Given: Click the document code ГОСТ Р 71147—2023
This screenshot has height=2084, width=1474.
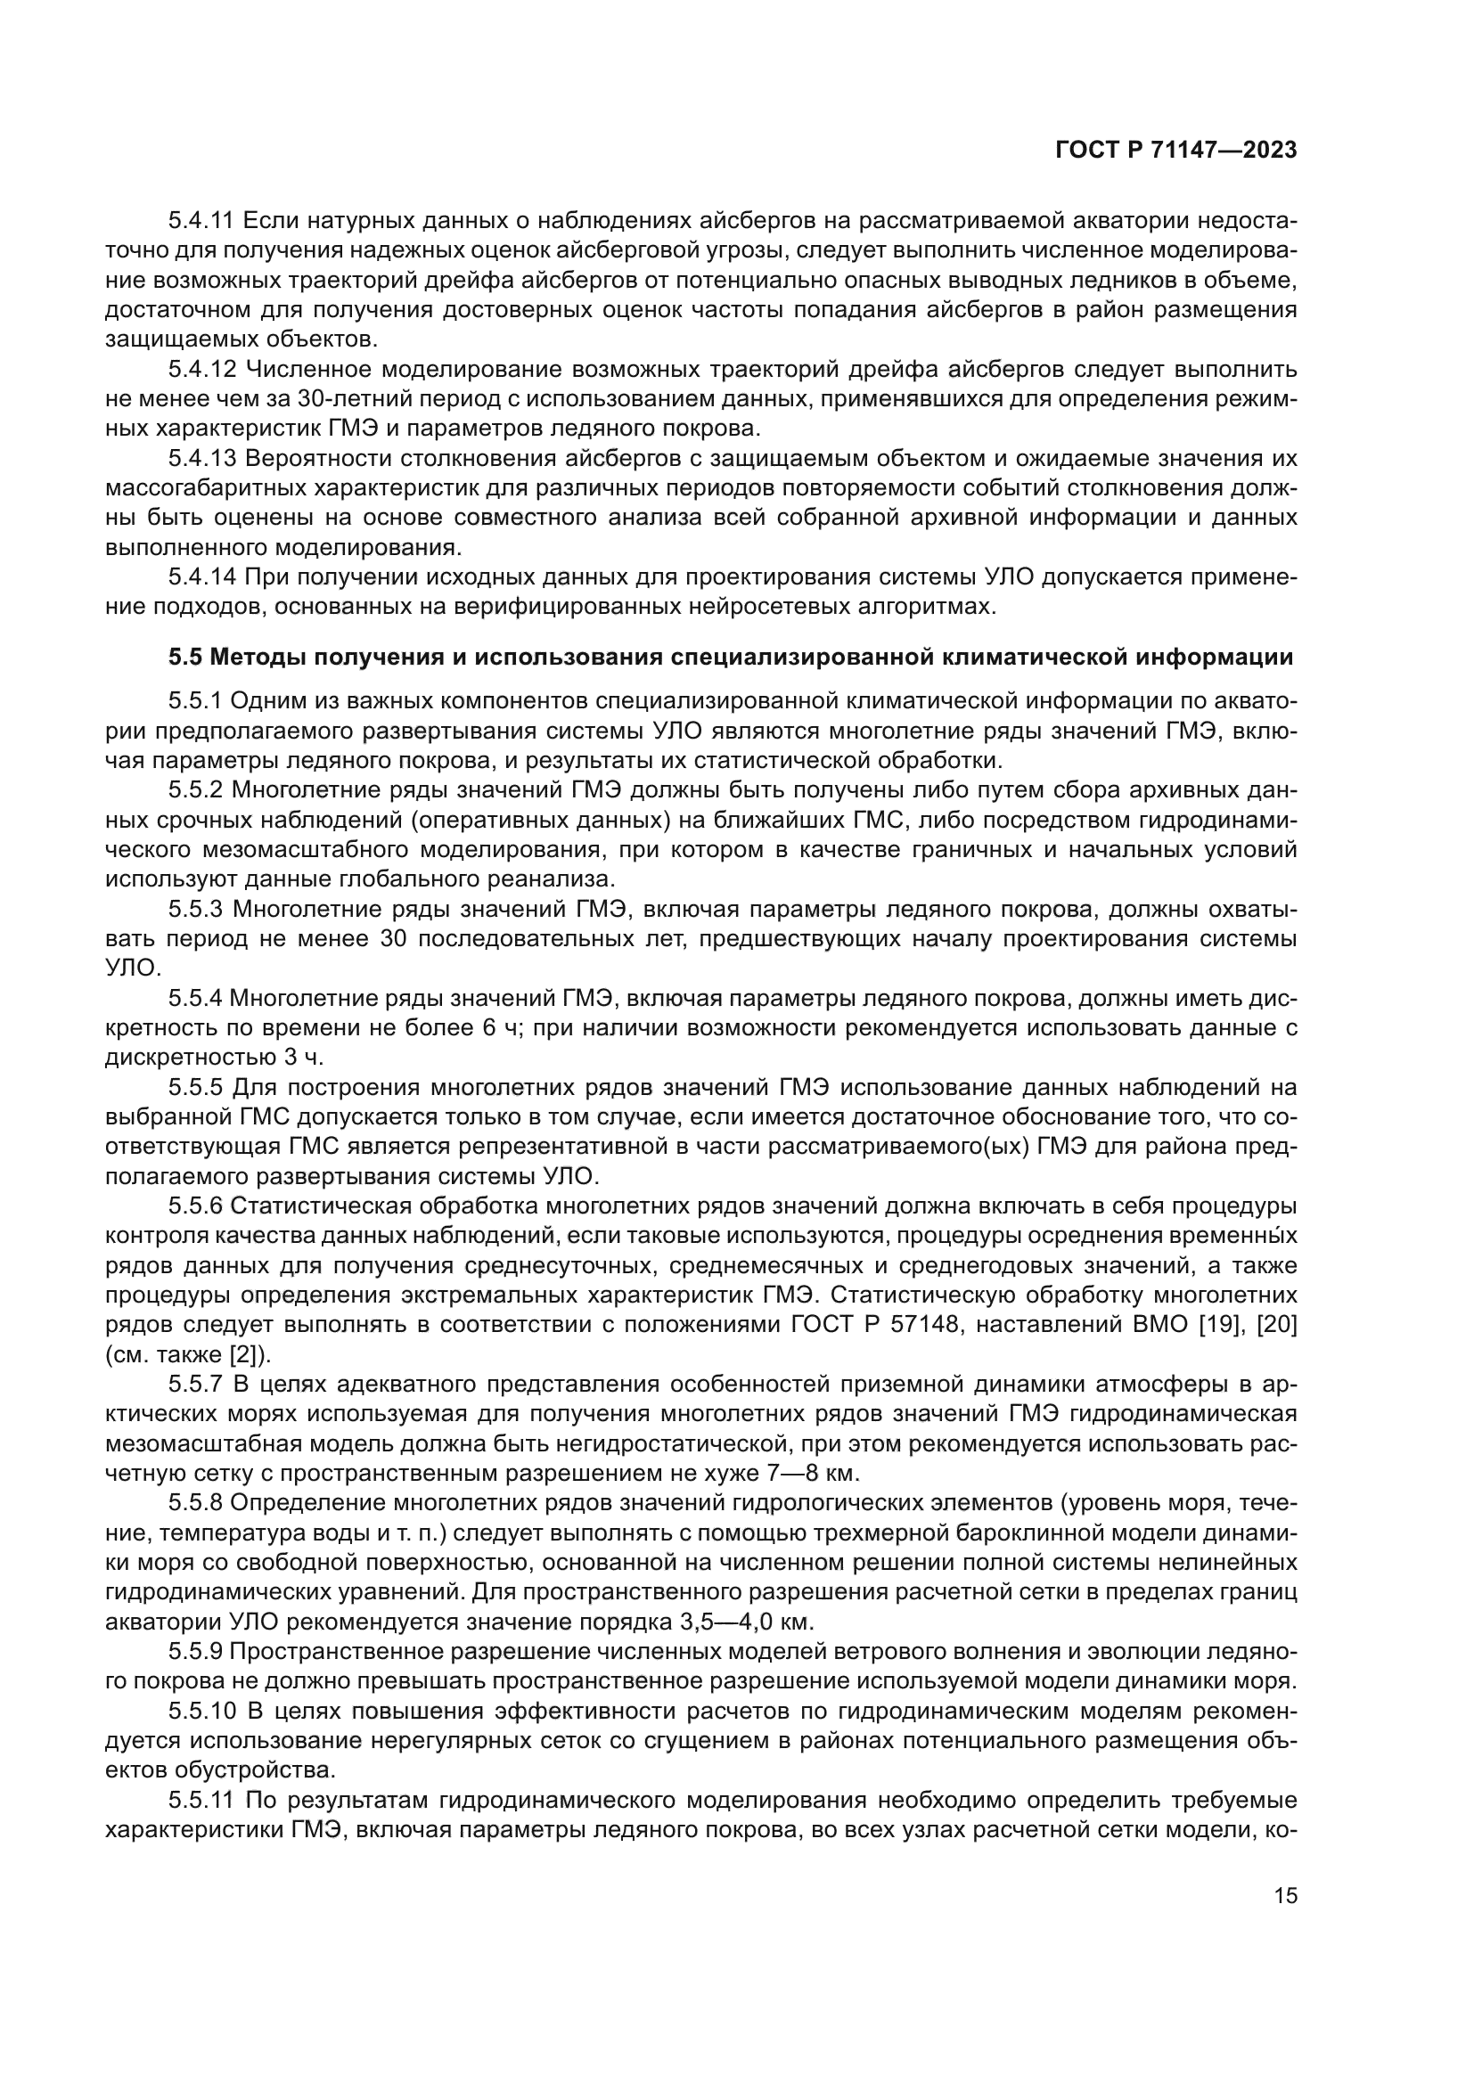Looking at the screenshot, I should pyautogui.click(x=1175, y=151).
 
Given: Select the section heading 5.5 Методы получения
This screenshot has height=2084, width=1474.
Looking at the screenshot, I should pyautogui.click(x=731, y=658).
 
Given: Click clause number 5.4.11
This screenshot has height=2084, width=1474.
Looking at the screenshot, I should pyautogui.click(x=201, y=221).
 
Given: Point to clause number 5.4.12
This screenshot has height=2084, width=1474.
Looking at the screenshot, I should pyautogui.click(x=201, y=370).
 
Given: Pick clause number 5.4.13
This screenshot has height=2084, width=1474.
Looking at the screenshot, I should pyautogui.click(x=201, y=458).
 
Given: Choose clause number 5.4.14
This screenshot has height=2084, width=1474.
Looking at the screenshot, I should pyautogui.click(x=201, y=577).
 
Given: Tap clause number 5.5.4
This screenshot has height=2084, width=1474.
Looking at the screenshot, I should pyautogui.click(x=194, y=999).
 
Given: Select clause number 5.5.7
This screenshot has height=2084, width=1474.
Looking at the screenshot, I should pyautogui.click(x=194, y=1385).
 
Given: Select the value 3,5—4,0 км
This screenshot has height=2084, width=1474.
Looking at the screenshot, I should pyautogui.click(x=743, y=1622).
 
